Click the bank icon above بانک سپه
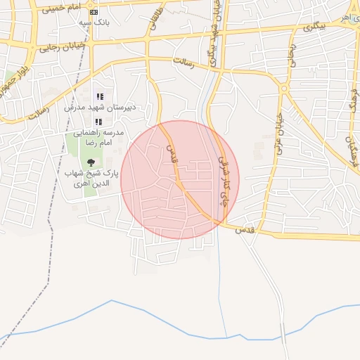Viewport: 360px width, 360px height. tap(94, 12)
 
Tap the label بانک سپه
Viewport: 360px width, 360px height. tap(94, 23)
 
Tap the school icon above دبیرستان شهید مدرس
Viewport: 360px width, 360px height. tap(100, 96)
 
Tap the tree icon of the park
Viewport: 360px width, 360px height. tap(91, 162)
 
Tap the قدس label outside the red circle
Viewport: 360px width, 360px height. tap(243, 230)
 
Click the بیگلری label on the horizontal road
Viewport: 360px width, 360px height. tap(310, 27)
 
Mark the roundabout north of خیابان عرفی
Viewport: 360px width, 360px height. tap(283, 89)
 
